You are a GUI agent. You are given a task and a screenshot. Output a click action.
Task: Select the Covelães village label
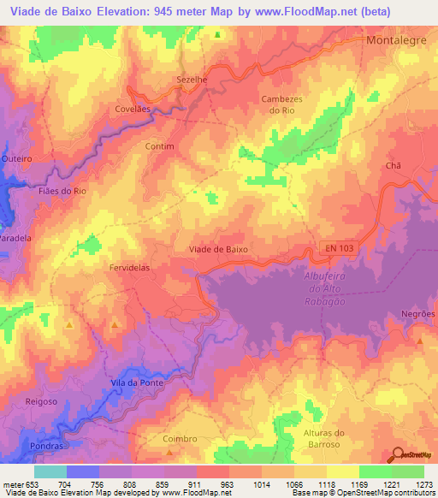coord(133,110)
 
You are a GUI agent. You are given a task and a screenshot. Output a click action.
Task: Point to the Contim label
coord(159,146)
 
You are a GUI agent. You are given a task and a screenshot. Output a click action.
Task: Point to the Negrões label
coord(417,314)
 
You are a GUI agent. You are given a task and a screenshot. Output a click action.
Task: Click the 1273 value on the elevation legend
coord(424,483)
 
